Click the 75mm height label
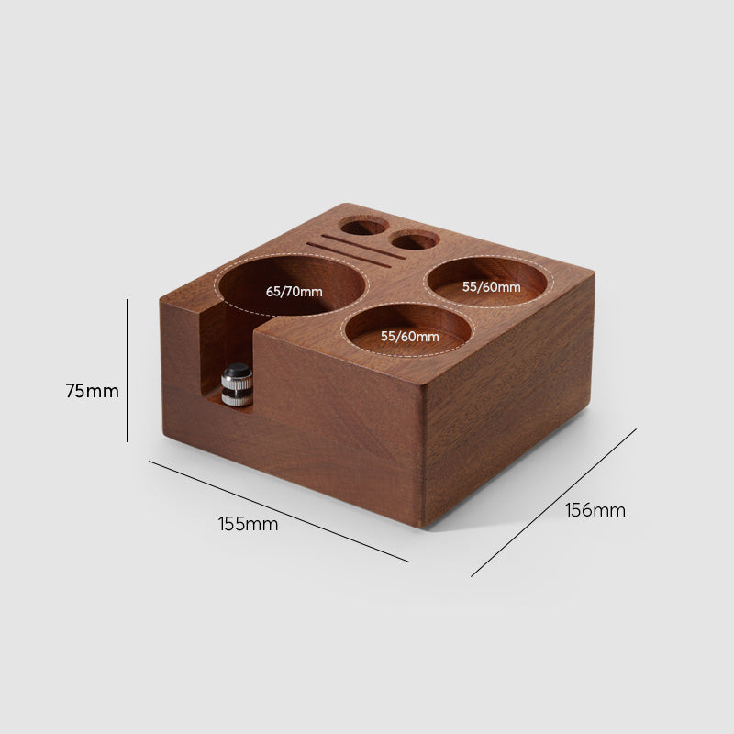click(92, 391)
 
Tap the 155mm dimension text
click(248, 524)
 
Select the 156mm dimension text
click(595, 510)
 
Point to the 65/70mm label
click(294, 292)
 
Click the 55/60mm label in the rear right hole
click(491, 286)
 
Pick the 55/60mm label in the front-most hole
click(409, 336)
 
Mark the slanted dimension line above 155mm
click(278, 510)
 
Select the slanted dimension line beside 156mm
click(553, 502)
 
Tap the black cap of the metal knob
click(238, 373)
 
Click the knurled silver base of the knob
click(238, 395)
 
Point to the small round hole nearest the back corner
click(364, 226)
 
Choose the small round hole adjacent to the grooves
click(415, 240)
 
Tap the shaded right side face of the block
click(509, 404)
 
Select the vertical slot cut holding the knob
click(209, 358)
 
